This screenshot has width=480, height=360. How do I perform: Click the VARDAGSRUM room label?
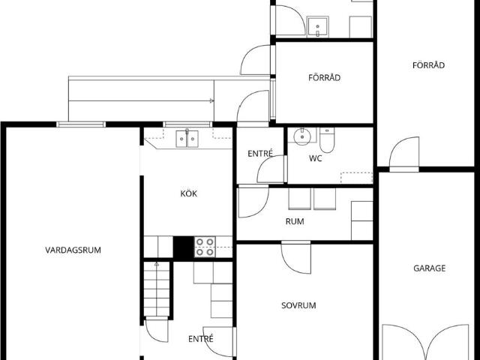tap(73, 250)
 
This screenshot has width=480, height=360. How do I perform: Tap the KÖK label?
tap(188, 193)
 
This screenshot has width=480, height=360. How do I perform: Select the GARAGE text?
tap(429, 268)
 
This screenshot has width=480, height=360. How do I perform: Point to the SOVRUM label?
tap(298, 305)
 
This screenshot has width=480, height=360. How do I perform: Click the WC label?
tap(315, 158)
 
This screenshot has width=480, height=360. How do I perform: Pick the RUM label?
tap(295, 221)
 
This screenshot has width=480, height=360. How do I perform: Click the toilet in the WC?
tap(327, 140)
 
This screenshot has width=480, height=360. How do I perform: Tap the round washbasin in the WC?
tap(302, 136)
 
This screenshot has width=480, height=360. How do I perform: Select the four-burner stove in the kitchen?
tap(205, 247)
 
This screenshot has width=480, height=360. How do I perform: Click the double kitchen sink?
tap(187, 139)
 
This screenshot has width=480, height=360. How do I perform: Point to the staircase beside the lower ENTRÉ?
tap(157, 289)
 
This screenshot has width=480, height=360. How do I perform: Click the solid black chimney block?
tap(183, 247)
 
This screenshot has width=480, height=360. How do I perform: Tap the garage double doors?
tap(426, 342)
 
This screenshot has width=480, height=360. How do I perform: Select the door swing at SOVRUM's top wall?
tap(296, 257)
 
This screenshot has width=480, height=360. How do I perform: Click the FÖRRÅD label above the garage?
tap(428, 65)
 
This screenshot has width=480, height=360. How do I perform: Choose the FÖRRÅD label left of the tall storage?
tap(324, 77)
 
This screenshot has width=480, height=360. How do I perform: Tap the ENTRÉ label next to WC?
tap(260, 153)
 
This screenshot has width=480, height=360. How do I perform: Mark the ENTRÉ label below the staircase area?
tap(201, 339)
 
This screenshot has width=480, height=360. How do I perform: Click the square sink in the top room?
tap(318, 27)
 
